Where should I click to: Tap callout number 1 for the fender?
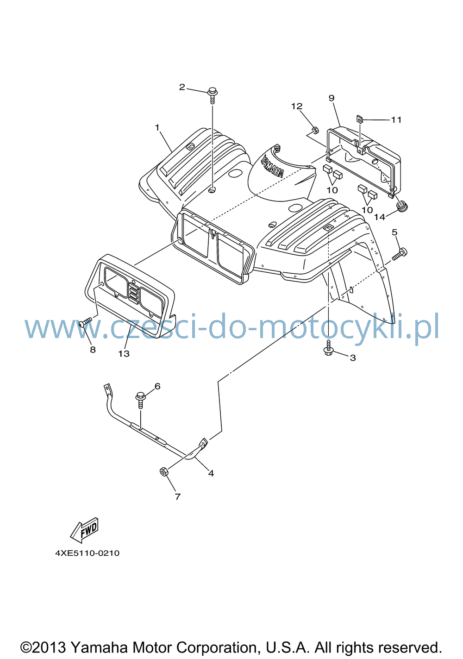[x=157, y=127]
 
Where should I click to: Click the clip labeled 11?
[x=359, y=119]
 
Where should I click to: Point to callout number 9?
[x=332, y=98]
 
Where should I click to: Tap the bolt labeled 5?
[x=400, y=254]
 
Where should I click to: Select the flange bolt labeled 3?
[x=329, y=347]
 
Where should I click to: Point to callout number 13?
[x=124, y=353]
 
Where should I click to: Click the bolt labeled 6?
[x=140, y=399]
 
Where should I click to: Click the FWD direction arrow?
[x=84, y=530]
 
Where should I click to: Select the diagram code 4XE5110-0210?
[x=88, y=553]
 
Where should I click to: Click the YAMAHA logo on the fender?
[x=272, y=168]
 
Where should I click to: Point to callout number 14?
[x=380, y=217]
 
